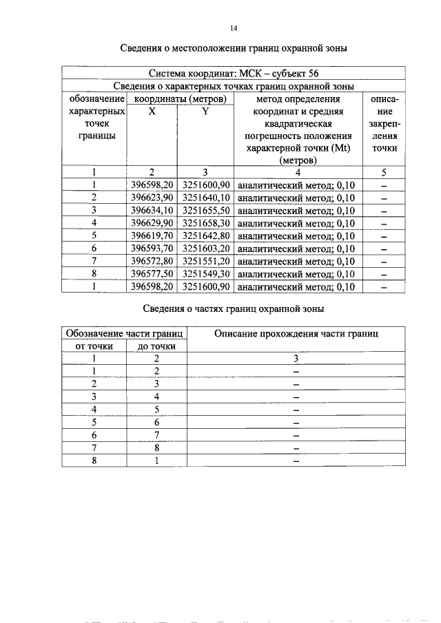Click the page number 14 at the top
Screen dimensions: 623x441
233,28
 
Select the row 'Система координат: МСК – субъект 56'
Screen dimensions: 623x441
233,74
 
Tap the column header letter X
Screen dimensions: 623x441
152,111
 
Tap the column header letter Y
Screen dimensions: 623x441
205,111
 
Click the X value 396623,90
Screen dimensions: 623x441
152,198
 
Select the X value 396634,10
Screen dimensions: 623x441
152,210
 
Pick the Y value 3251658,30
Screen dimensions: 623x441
205,223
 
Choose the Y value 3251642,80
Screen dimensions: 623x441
205,235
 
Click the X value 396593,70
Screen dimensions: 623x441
152,249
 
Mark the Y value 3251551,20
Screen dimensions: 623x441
205,261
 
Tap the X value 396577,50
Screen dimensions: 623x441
152,273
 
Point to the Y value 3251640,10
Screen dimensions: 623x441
205,198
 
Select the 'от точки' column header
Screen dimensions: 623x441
94,346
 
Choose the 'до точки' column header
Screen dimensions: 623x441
156,346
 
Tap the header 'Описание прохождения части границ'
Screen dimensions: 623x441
296,333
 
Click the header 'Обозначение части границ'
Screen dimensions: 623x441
124,333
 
